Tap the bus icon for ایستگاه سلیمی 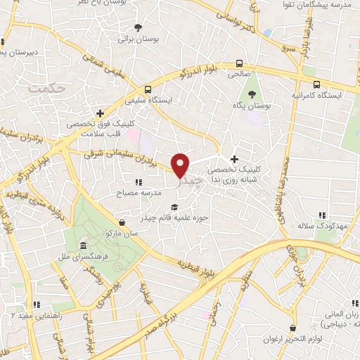click(148, 89)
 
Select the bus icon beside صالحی click(240, 62)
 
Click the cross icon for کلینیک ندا click(234, 159)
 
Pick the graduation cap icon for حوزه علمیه click(174, 207)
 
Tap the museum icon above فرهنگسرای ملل click(83, 246)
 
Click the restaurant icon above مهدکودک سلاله click(322, 215)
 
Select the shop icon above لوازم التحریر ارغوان click(291, 328)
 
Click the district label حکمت click(48, 88)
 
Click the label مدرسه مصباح click(143, 192)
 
